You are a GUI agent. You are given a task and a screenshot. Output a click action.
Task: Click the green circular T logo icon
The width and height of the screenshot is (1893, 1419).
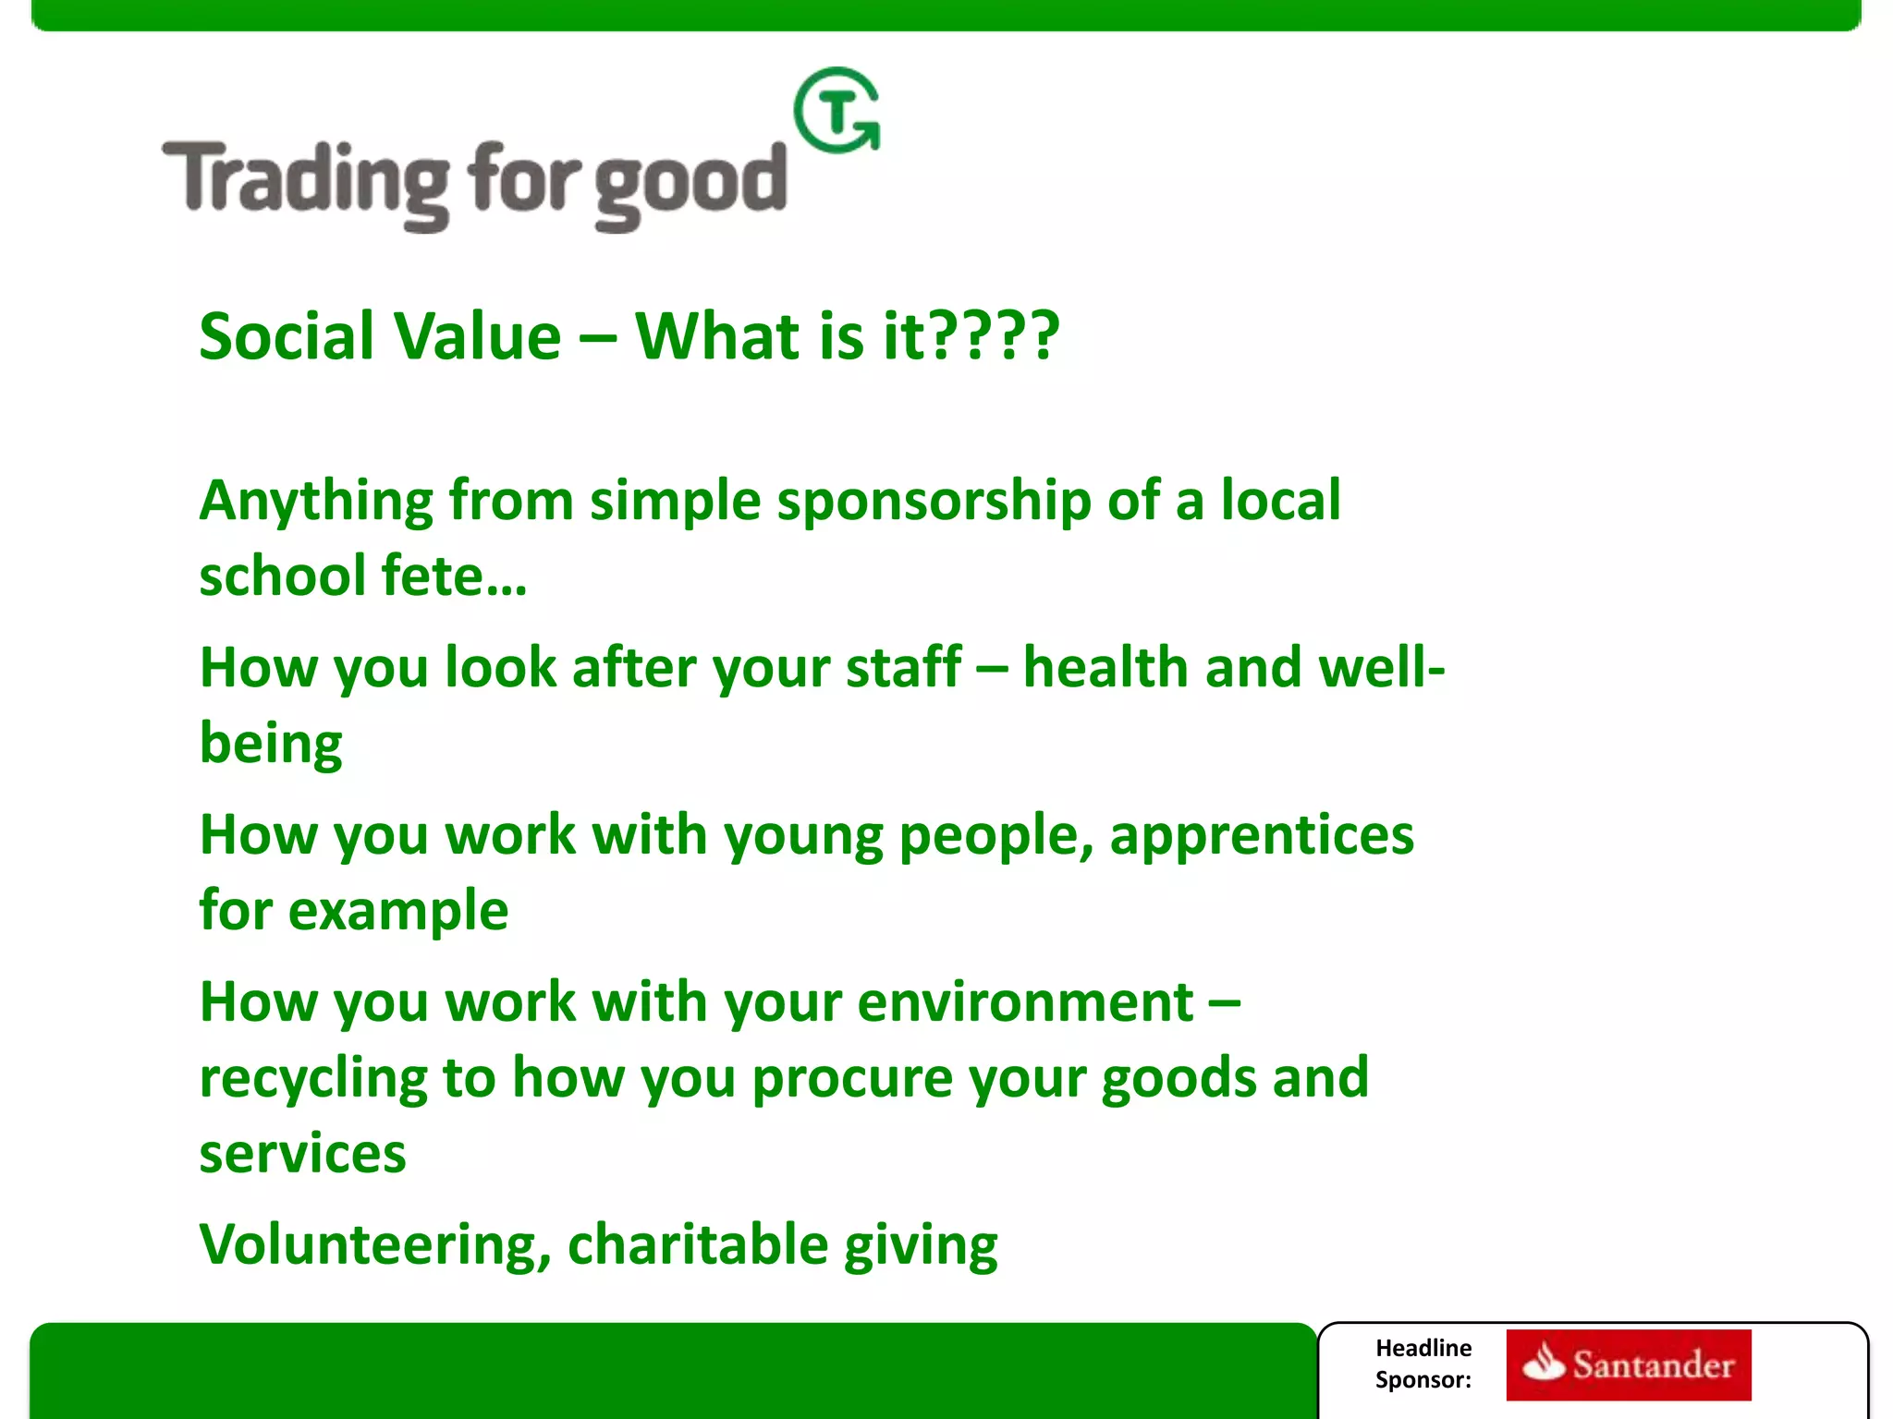[837, 111]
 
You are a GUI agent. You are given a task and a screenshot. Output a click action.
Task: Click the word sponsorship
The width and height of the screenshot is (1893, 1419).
[934, 502]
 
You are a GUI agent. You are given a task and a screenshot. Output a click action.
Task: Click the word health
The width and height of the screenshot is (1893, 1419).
[1105, 667]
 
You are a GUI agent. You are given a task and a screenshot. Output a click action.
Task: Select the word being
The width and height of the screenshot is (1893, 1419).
[271, 745]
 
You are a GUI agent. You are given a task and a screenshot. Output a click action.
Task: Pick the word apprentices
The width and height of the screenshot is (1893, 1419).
[1261, 835]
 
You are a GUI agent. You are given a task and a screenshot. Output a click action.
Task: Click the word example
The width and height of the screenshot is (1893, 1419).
[397, 911]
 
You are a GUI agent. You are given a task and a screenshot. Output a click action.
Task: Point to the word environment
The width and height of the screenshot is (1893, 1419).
[1025, 1002]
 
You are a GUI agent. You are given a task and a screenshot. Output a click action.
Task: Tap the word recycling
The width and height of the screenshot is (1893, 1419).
[313, 1079]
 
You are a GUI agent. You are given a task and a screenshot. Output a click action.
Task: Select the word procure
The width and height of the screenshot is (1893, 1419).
[851, 1079]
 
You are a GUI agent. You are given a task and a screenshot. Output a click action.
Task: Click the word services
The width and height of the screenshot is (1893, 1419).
[302, 1154]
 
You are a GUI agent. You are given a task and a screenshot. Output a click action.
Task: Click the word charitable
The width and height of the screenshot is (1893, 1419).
[697, 1245]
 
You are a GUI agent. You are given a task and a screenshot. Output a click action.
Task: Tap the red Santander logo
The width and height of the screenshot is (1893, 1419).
[1628, 1364]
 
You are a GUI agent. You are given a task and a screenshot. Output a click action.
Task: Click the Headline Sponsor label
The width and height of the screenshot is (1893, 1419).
[1423, 1364]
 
